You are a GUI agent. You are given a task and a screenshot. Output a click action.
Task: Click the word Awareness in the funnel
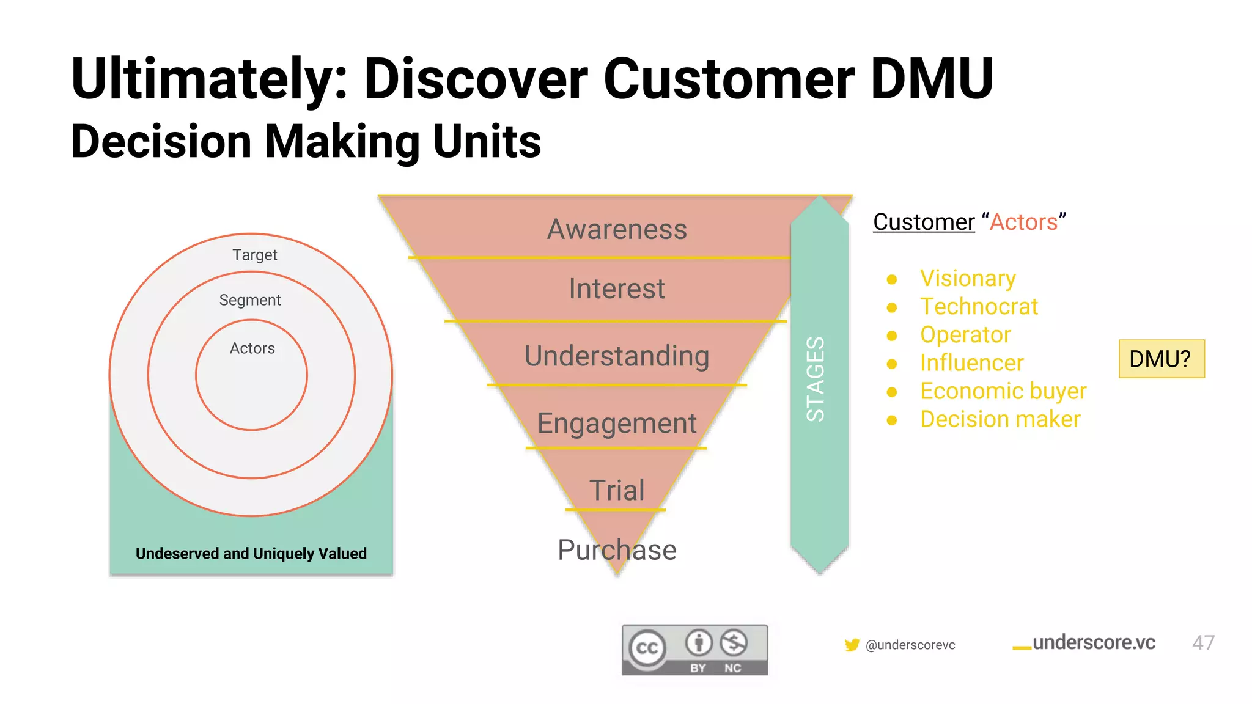coord(616,230)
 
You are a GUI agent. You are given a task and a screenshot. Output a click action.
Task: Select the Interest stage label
coord(616,289)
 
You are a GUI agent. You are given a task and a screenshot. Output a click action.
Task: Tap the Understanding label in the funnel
coord(616,356)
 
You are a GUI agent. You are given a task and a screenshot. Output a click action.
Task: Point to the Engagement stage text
coord(616,424)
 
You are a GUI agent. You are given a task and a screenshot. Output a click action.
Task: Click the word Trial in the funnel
coord(616,490)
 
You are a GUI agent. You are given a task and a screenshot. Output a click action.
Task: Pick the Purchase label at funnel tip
coord(616,550)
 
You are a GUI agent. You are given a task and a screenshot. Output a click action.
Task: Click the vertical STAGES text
coord(816,379)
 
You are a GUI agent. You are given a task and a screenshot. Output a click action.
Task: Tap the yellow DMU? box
coord(1161,359)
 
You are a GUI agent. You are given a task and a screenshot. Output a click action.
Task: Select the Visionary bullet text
coord(967,279)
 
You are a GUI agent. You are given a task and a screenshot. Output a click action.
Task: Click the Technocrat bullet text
coord(979,307)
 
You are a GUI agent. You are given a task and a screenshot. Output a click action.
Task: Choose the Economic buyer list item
coord(1003,391)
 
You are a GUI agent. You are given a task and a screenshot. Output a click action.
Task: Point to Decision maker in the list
coord(1000,419)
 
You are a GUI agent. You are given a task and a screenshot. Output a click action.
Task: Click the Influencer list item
coord(971,363)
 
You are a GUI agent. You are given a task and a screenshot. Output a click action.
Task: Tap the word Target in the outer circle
coord(254,255)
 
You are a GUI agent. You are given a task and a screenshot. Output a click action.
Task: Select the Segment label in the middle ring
coord(249,300)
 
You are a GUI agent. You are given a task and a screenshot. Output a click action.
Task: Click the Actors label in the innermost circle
coord(252,348)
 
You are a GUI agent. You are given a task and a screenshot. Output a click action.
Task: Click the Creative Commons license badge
coord(694,650)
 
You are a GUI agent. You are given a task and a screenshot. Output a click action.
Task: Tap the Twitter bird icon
coord(852,645)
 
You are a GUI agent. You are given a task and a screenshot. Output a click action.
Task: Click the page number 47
coord(1202,643)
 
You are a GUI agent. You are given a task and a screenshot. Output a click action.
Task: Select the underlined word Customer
coord(923,222)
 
